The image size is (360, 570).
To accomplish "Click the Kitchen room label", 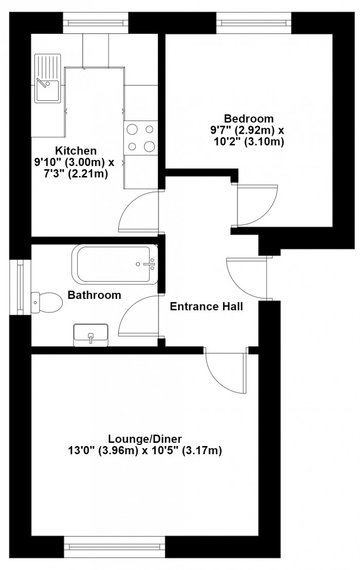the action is tap(76, 151).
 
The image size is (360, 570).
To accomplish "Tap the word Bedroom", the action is tap(248, 118).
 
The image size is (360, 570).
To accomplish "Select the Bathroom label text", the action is tap(95, 295).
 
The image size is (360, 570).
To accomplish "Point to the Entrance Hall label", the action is tap(206, 307).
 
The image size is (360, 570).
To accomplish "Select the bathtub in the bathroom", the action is tap(115, 264).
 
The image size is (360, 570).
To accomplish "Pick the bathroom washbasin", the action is tap(91, 335).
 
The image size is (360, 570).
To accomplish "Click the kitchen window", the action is tap(96, 23).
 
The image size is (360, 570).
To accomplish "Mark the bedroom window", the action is tap(254, 23).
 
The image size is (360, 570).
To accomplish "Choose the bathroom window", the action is tap(21, 287).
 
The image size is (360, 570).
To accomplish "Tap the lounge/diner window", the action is tap(115, 547).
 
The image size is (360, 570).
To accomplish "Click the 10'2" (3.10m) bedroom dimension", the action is tap(249, 141).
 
